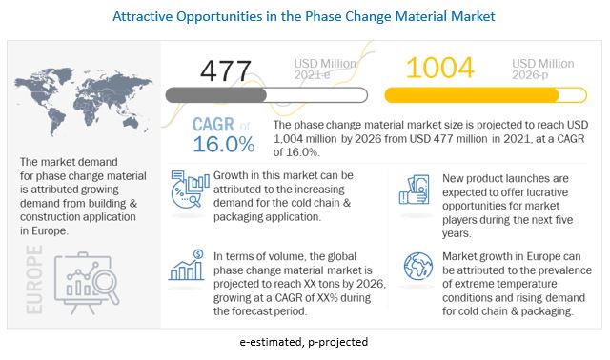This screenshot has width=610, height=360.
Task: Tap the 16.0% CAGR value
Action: tap(222, 145)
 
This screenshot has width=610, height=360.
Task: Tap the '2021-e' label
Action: tap(312, 76)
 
